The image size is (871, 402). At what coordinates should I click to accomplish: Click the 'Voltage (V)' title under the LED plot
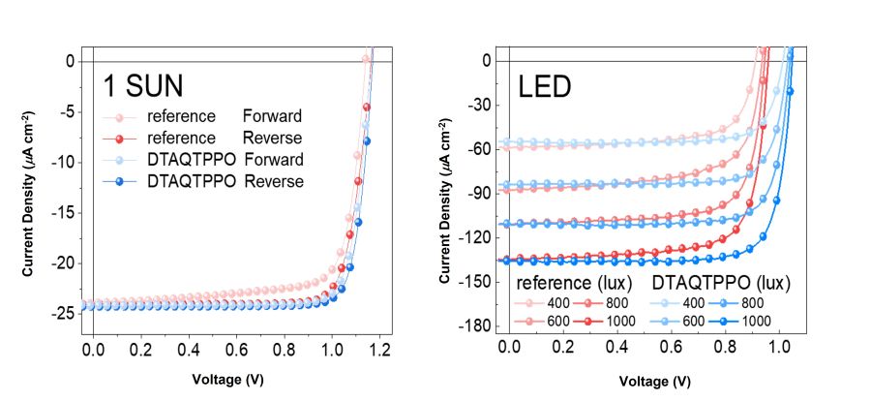(x=655, y=381)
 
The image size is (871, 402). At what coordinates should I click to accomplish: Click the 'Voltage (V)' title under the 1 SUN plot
(x=226, y=381)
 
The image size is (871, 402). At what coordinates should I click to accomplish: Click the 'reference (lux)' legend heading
(x=574, y=284)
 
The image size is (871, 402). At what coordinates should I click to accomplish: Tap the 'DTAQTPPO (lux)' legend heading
(x=722, y=284)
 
